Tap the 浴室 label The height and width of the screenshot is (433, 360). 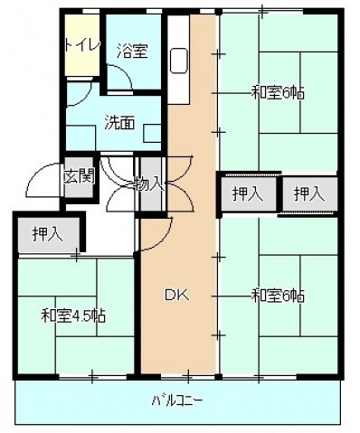[132, 51]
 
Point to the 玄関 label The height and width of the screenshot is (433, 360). [79, 175]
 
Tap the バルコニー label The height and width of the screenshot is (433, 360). [177, 399]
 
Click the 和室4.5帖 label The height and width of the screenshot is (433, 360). [74, 315]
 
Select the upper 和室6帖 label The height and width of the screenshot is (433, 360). [278, 91]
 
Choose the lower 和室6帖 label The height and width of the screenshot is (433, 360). [278, 296]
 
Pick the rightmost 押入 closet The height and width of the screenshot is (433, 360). [309, 193]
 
